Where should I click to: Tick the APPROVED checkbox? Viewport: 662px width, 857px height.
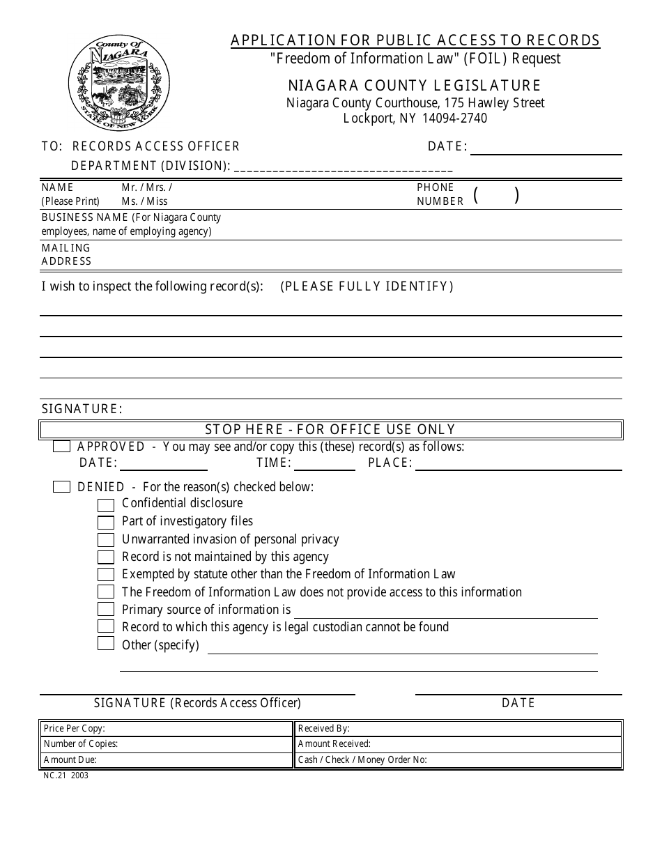point(61,447)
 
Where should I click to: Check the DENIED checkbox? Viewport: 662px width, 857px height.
point(61,487)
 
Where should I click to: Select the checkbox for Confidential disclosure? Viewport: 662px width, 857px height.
point(106,504)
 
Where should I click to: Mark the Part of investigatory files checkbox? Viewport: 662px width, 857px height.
point(106,522)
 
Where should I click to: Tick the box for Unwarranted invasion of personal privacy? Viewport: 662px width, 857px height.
point(106,540)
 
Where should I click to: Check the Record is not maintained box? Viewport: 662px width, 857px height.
point(106,557)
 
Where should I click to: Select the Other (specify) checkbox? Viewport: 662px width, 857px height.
point(106,644)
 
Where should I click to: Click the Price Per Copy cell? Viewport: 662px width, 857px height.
point(166,728)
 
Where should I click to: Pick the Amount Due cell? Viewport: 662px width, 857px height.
point(166,760)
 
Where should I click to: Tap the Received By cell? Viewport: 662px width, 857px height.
point(458,728)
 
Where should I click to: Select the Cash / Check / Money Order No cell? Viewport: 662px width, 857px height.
point(458,760)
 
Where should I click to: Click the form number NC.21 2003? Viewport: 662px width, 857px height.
point(66,775)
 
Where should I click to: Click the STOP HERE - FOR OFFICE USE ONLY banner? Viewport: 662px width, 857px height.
point(330,430)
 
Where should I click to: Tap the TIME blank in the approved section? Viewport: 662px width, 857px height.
point(324,464)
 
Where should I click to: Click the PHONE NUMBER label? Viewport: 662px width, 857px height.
point(440,194)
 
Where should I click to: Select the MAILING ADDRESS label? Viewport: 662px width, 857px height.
point(66,254)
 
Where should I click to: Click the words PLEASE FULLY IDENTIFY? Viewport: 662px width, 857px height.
point(367,286)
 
